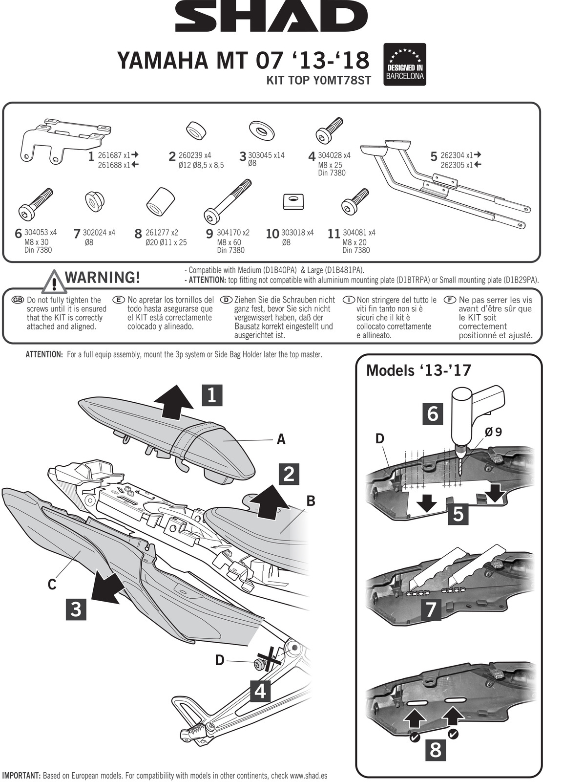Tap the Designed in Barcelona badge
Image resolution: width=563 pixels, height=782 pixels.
(x=405, y=64)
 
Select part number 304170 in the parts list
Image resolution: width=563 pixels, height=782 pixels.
(x=233, y=233)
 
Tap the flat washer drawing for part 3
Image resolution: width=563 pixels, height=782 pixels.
(x=262, y=129)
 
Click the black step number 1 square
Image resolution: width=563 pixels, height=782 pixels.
(x=211, y=395)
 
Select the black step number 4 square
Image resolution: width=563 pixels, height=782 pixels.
(x=260, y=691)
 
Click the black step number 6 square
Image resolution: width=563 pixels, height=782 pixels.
(x=433, y=413)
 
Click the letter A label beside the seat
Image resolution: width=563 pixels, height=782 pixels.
(x=281, y=439)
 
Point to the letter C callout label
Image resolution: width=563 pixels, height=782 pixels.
(x=52, y=584)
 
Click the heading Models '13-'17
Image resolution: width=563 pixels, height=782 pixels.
(x=418, y=370)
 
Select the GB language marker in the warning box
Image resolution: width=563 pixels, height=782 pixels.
(x=17, y=300)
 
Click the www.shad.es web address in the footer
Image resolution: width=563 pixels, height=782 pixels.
(x=308, y=776)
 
